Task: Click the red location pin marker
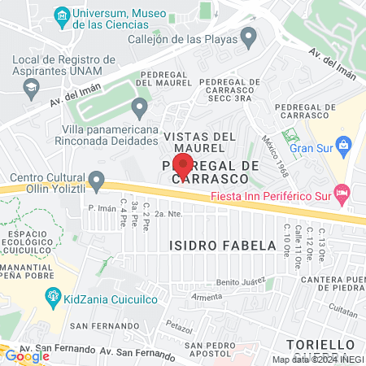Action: point(183,165)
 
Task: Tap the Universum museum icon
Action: point(61,15)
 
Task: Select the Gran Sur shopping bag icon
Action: point(344,146)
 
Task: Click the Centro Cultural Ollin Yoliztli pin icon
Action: point(98,179)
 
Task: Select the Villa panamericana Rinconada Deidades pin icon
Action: point(140,107)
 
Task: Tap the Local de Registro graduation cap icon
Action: point(30,85)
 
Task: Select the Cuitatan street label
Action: point(323,307)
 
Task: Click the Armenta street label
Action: point(207,297)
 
